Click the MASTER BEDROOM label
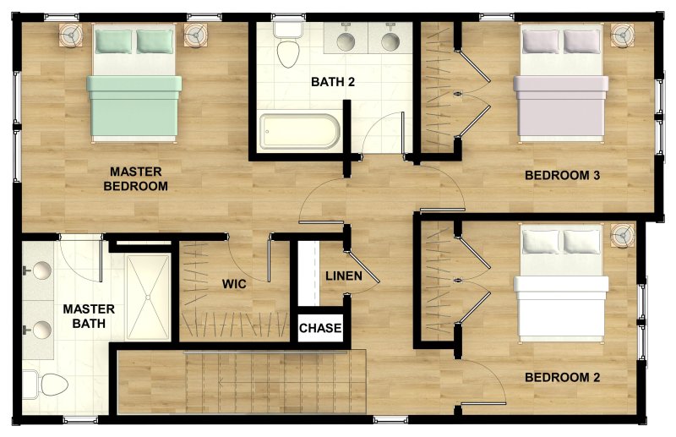(x=135, y=179)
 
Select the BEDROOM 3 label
(x=562, y=176)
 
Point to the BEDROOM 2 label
(x=562, y=377)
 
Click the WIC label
(x=234, y=284)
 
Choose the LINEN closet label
(x=343, y=276)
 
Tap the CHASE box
(x=320, y=328)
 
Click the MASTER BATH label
(x=89, y=317)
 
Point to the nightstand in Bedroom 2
(x=623, y=235)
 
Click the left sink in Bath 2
(x=346, y=40)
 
